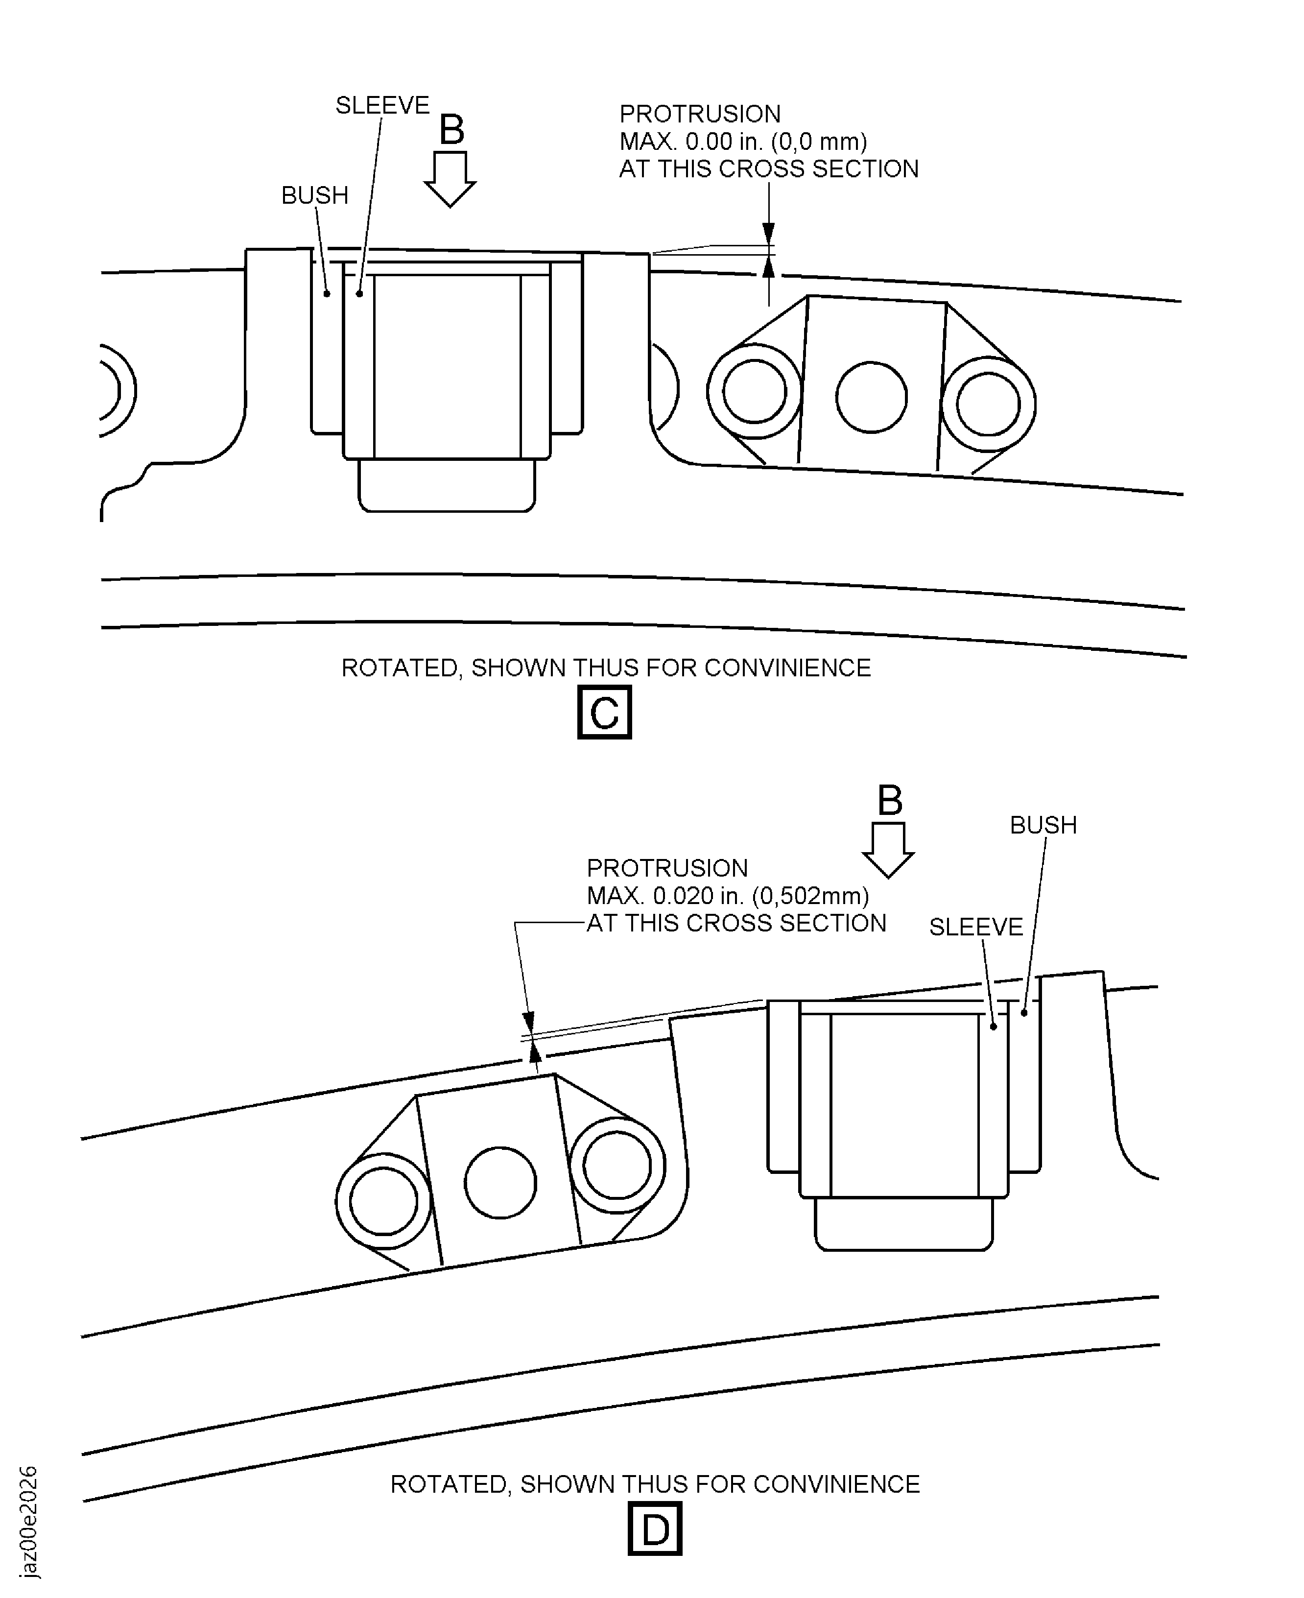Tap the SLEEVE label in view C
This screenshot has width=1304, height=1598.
point(382,105)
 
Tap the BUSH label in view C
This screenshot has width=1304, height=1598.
point(315,195)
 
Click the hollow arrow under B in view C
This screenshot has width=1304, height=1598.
point(450,179)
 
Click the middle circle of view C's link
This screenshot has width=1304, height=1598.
point(871,397)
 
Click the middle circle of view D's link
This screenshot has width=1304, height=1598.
point(500,1183)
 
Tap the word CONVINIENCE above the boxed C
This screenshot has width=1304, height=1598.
point(788,668)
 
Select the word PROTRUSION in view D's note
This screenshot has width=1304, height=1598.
point(667,868)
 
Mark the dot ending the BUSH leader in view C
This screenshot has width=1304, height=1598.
point(327,294)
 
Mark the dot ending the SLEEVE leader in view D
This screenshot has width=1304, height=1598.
point(993,1026)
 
